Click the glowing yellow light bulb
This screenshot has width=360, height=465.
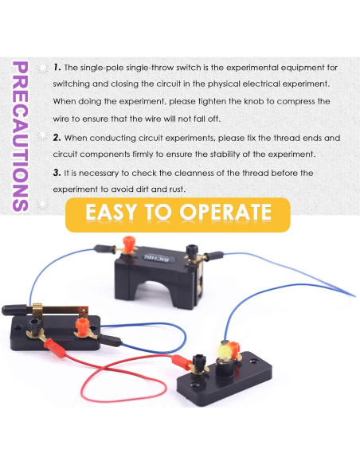(x=225, y=352)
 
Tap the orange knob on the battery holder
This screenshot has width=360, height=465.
(x=129, y=244)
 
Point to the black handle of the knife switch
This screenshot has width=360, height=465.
(x=14, y=310)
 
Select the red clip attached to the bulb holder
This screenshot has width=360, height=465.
(x=181, y=362)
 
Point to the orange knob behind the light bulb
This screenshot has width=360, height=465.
(x=234, y=350)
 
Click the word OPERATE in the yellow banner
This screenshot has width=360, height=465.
(x=225, y=212)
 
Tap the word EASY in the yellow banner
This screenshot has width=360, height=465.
(x=112, y=212)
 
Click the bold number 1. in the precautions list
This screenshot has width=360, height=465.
(x=57, y=68)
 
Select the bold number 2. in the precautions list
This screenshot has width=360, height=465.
(x=57, y=138)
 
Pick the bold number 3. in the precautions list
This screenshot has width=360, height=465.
(x=57, y=173)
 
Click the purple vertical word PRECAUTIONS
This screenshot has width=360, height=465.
(x=21, y=136)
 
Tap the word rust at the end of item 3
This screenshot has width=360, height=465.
(x=177, y=189)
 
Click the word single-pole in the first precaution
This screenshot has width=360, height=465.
(x=102, y=68)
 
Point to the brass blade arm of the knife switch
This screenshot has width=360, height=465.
(x=58, y=310)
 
